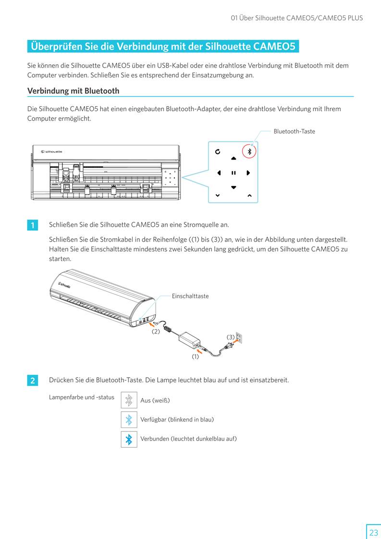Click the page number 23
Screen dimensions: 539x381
(x=373, y=532)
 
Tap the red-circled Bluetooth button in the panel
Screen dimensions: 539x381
(x=249, y=151)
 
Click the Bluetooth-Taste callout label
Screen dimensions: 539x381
(x=294, y=131)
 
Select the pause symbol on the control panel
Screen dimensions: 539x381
(x=234, y=172)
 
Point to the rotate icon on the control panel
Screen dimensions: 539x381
(x=218, y=152)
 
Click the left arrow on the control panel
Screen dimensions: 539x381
(x=219, y=172)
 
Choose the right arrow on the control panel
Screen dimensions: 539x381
(x=248, y=172)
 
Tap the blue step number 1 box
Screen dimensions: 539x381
(x=32, y=225)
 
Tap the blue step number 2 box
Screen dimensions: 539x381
(x=32, y=380)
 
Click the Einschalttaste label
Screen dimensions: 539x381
(x=190, y=296)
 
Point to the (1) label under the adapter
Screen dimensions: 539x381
(x=195, y=356)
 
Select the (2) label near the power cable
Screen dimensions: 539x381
(x=156, y=331)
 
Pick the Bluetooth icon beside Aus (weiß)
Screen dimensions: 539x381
(x=129, y=400)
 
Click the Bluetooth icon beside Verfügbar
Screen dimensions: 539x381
(x=129, y=419)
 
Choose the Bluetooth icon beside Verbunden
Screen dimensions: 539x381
(x=129, y=439)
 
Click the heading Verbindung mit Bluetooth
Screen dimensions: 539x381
(x=73, y=91)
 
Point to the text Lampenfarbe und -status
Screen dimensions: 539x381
(x=82, y=397)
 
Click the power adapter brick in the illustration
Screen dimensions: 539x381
(x=189, y=339)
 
